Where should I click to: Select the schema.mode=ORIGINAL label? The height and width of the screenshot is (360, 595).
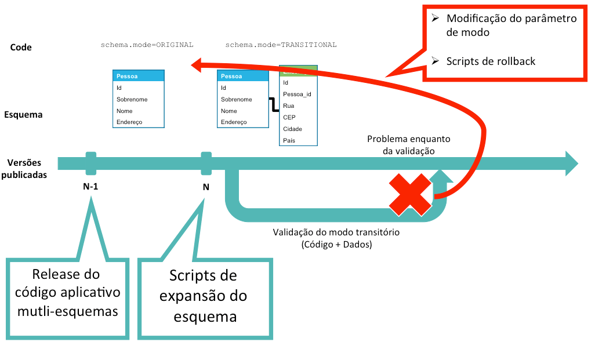[147, 45]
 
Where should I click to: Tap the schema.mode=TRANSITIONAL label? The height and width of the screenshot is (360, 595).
[281, 45]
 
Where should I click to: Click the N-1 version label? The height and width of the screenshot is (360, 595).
[91, 187]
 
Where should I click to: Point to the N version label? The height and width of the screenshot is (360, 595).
[206, 187]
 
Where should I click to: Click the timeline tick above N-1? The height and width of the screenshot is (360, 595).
[91, 163]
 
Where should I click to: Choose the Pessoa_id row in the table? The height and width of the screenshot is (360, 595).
[297, 94]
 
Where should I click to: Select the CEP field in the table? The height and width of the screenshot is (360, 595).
[289, 117]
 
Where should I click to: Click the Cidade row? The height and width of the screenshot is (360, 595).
[292, 129]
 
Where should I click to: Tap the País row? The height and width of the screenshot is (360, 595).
[289, 140]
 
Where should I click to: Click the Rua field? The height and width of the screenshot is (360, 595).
[289, 106]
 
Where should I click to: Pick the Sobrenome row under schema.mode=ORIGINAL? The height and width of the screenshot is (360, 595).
[132, 99]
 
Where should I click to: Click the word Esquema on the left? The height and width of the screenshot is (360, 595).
[23, 114]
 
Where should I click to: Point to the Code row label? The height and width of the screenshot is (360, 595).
[21, 47]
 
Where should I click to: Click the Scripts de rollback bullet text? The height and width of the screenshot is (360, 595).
[491, 61]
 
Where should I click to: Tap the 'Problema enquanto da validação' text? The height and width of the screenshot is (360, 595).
[408, 145]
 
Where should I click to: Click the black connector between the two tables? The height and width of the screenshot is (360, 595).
[273, 104]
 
